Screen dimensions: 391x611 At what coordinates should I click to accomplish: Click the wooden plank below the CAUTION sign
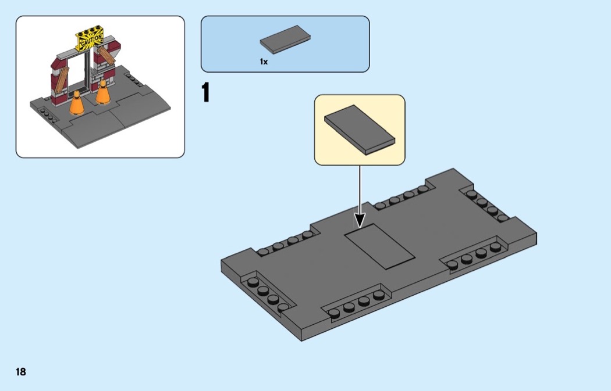[106, 56]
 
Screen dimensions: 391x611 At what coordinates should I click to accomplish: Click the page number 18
[21, 372]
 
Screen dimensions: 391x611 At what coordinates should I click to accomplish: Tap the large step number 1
[205, 93]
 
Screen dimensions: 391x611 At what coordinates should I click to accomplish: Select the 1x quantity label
[264, 62]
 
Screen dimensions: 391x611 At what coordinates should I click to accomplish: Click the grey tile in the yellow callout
[359, 129]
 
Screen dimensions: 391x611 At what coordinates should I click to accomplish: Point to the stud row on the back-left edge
[285, 243]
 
